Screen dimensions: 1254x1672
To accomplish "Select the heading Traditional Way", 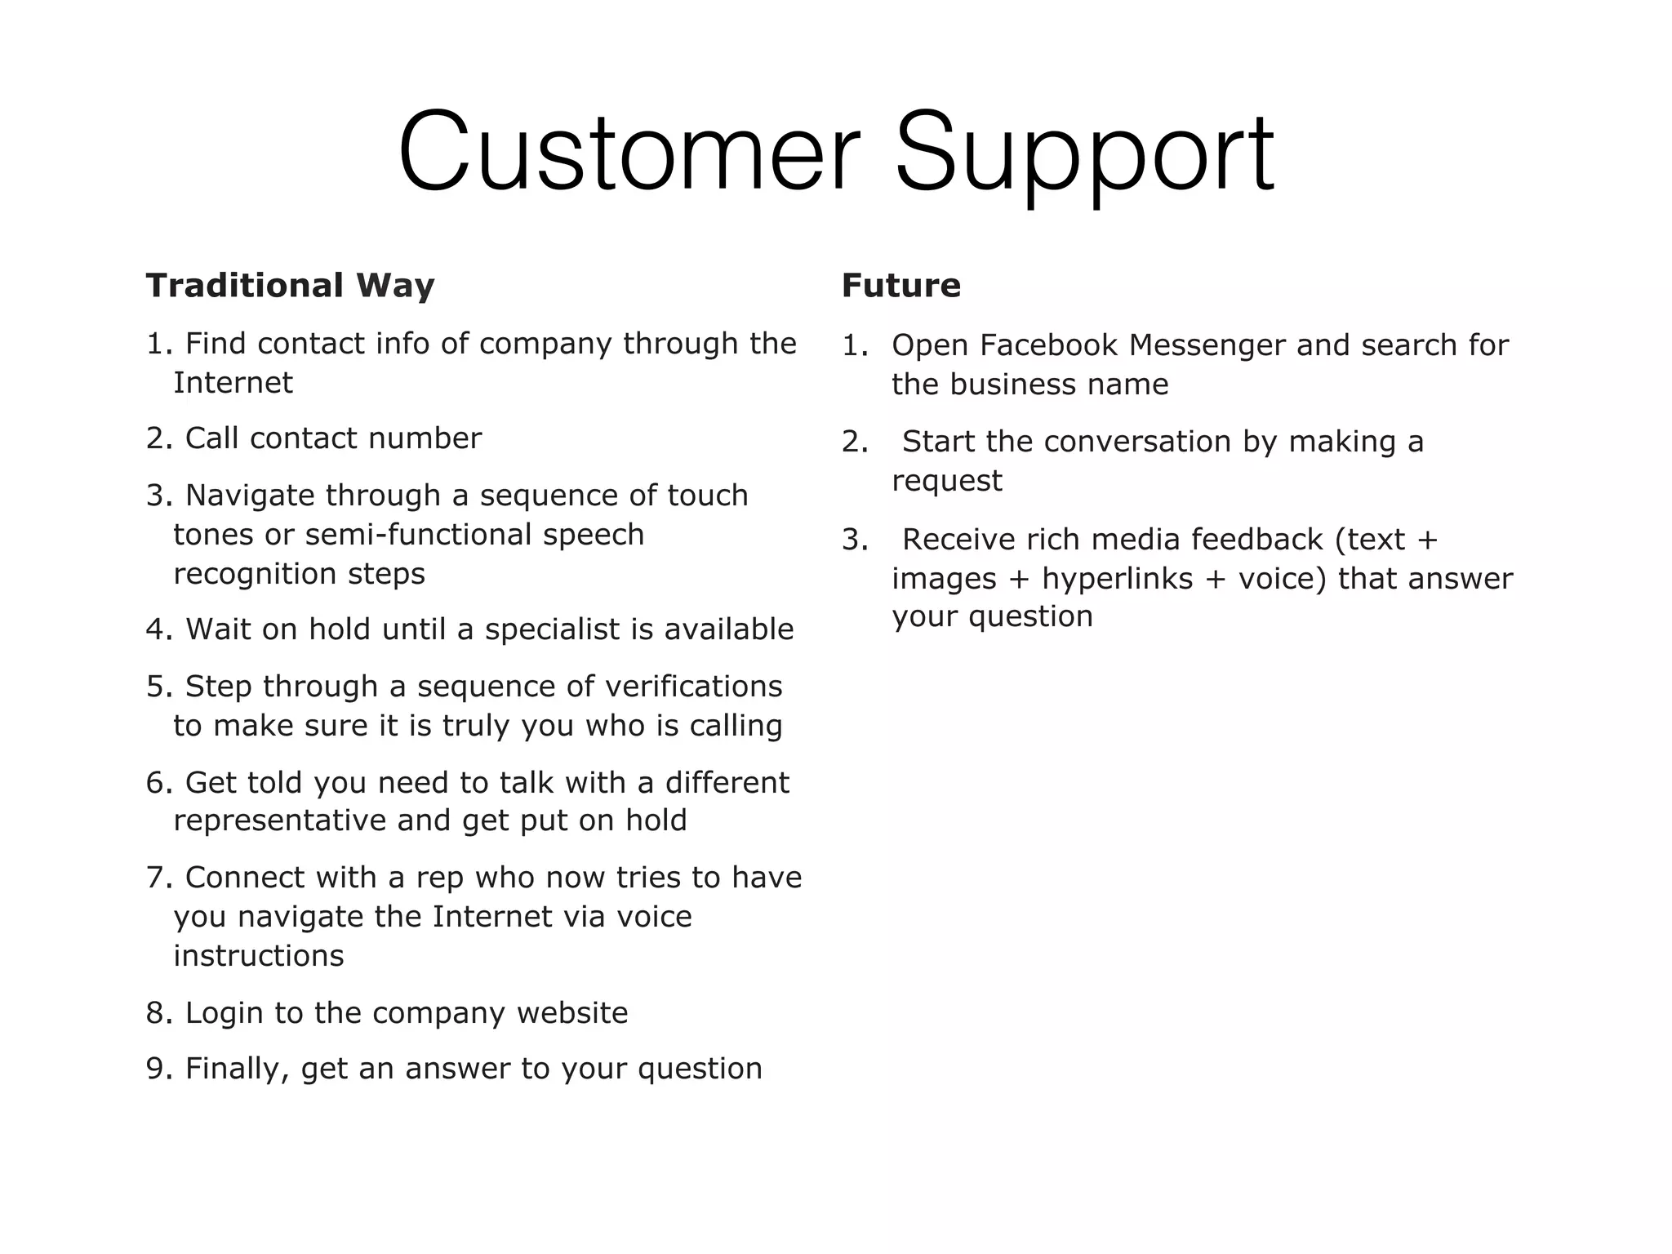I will click(290, 286).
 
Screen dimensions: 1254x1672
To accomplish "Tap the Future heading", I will click(901, 286).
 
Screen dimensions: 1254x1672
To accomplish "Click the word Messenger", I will click(1207, 345).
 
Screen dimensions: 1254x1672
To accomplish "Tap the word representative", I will click(281, 820).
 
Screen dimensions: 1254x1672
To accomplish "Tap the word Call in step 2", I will click(212, 438).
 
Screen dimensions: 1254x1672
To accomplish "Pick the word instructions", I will click(259, 956).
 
